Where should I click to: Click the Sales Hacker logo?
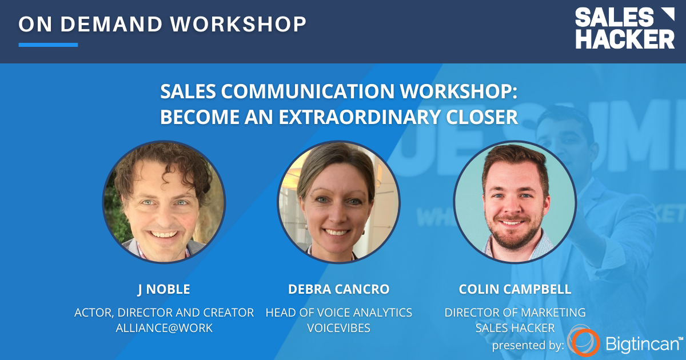624,28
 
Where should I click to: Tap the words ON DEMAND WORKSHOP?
162,24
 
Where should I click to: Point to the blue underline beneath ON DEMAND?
48,45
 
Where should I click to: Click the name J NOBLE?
164,289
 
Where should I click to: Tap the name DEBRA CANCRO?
339,289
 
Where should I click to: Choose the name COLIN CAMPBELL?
514,289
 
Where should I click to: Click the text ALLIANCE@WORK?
164,328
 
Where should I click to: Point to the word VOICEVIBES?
339,328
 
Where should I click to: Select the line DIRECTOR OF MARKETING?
514,313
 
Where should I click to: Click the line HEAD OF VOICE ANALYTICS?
339,313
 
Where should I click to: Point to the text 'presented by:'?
528,345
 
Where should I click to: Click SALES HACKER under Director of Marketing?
514,328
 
